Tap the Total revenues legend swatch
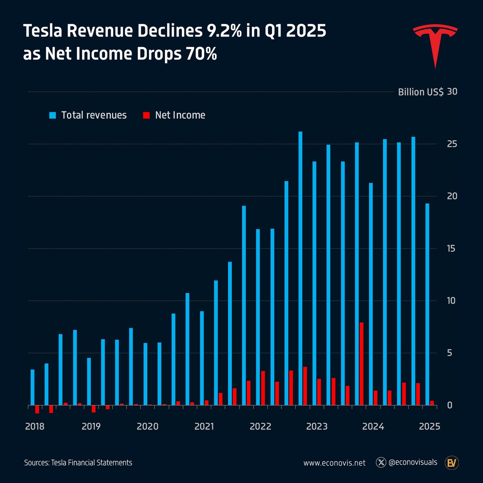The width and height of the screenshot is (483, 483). pos(53,116)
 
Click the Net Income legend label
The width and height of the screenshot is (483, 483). pos(180,115)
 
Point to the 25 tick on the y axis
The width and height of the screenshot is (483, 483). pos(441,144)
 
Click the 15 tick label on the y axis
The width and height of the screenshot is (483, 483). pos(441,248)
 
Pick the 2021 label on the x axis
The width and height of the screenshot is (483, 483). pos(204,426)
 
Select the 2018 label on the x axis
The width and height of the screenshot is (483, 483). pos(35,426)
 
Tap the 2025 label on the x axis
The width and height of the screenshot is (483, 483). pos(429,426)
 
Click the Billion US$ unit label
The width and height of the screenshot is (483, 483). pos(421,92)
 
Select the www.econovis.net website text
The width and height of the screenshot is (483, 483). pos(334,463)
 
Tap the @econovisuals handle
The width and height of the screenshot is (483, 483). pos(413,462)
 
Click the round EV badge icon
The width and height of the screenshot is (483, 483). pos(452,463)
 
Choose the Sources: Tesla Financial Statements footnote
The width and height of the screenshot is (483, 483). pos(78,463)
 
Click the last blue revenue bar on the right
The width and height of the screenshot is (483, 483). pos(427,304)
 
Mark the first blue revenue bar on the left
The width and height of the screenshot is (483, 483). pos(33,387)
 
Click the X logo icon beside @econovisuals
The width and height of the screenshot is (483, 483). pos(381,462)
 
